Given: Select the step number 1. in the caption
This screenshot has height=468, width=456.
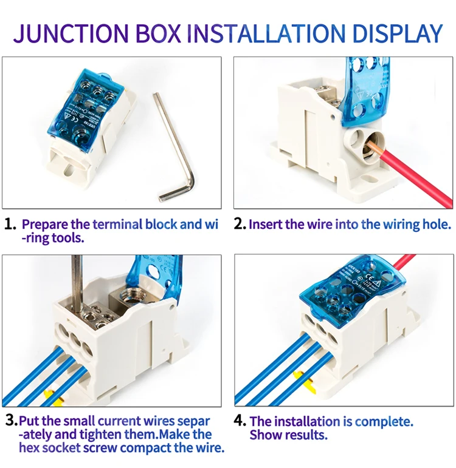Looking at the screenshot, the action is click(10, 225).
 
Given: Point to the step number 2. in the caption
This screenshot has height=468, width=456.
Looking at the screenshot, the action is click(240, 225).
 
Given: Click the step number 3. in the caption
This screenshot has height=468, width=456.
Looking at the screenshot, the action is click(10, 420).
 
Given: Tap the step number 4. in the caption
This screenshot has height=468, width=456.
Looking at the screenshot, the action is click(240, 421).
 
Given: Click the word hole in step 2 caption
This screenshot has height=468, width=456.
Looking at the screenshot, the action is click(436, 225).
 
